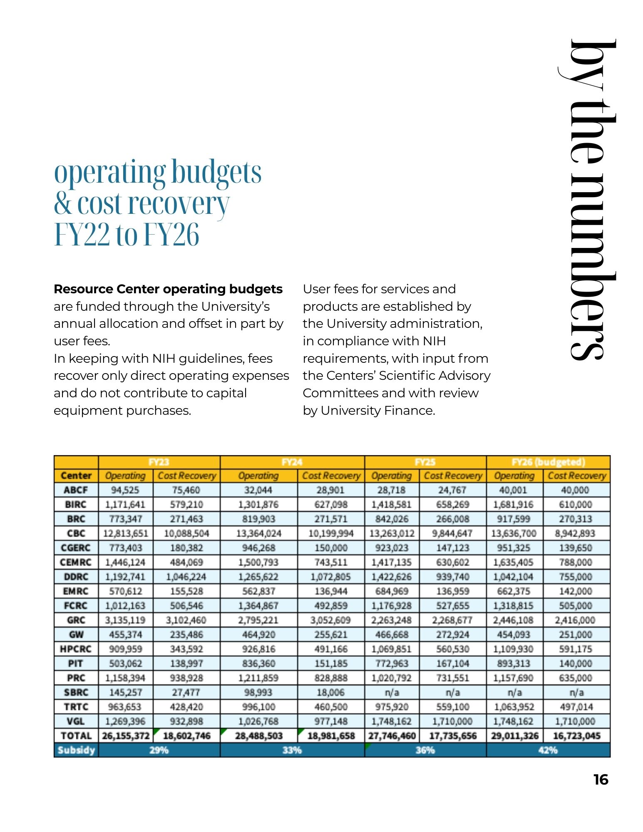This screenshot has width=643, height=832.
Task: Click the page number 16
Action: tap(601, 779)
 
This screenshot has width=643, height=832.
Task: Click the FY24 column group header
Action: tap(292, 462)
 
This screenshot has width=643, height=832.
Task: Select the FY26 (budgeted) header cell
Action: tap(548, 462)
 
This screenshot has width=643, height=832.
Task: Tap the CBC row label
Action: tap(76, 533)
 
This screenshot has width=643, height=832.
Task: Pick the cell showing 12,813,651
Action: tap(126, 533)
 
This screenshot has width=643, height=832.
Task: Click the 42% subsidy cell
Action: tap(548, 750)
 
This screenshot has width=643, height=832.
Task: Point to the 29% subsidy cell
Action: tap(159, 750)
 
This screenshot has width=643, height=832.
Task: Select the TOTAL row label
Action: tap(76, 735)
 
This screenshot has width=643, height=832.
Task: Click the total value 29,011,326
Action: tap(514, 735)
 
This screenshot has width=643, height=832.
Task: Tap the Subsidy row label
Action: tap(76, 750)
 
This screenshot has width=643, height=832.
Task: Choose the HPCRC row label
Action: tap(76, 649)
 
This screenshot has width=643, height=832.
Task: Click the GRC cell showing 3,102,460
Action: tap(186, 620)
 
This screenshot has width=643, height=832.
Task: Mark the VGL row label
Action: tap(76, 721)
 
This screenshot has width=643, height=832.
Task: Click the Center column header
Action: tap(76, 475)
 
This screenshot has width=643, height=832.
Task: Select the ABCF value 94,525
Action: tap(125, 490)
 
